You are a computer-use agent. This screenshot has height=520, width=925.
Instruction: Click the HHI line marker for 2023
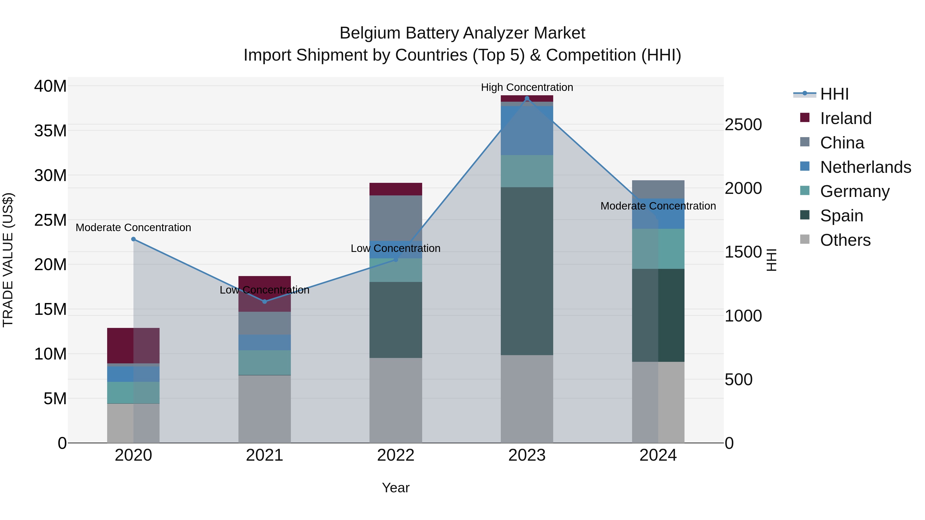(527, 98)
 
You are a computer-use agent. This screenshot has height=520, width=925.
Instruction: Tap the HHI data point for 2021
(265, 301)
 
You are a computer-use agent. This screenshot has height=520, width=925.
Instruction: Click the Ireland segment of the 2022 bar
(396, 189)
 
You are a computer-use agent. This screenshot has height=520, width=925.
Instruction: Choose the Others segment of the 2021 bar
(265, 409)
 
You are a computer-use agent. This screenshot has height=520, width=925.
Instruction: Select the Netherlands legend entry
(865, 167)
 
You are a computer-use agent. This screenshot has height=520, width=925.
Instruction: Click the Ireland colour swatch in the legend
(805, 118)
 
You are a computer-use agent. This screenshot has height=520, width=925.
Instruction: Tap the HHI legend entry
(834, 94)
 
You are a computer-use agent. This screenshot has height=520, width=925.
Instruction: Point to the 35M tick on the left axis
(50, 131)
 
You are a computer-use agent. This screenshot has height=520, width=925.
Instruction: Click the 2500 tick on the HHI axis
(743, 125)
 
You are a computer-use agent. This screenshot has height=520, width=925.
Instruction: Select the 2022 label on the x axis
(396, 455)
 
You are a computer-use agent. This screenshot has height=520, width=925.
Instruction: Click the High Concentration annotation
(527, 87)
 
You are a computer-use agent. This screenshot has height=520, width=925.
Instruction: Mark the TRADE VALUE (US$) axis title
(8, 260)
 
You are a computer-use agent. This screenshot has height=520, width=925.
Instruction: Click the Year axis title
(396, 488)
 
